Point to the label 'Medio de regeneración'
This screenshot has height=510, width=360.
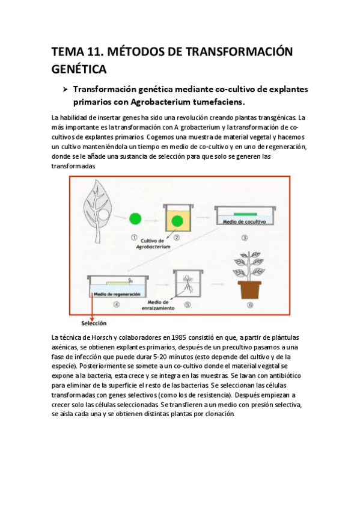point(117,294)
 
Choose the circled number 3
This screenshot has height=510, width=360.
point(245,237)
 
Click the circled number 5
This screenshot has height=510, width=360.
point(188,304)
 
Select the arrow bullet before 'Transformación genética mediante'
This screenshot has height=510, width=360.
point(66,89)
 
